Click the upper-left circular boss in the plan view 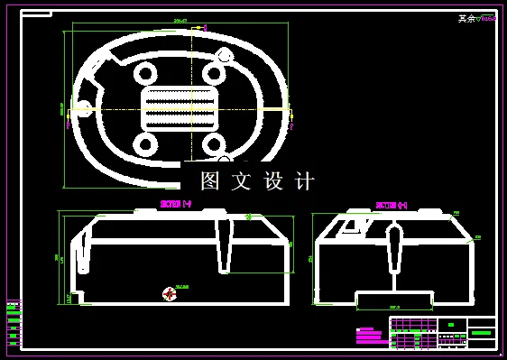tap(144, 72)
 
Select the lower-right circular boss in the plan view tap(214, 143)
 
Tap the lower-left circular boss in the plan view tap(144, 143)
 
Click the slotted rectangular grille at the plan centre tap(180, 108)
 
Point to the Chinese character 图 tap(210, 181)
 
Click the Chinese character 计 tap(306, 181)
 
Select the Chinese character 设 tap(273, 181)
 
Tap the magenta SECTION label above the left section tap(175, 204)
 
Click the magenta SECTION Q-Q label tap(391, 206)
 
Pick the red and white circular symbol tap(169, 293)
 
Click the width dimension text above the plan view tap(180, 20)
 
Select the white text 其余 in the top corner tap(466, 18)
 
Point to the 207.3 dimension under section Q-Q tap(394, 308)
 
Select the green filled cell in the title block tap(482, 333)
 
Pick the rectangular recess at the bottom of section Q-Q tap(394, 299)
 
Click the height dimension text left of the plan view tap(61, 108)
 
